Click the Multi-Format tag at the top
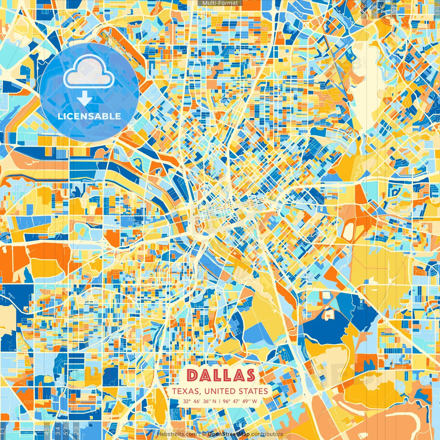[x=220, y=3]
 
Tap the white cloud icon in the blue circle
[x=89, y=71]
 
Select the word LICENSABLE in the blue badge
[x=89, y=116]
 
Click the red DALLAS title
[x=221, y=375]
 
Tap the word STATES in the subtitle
[x=253, y=391]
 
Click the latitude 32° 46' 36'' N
[x=200, y=401]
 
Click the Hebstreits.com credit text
[x=177, y=434]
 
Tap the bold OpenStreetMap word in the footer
[x=229, y=434]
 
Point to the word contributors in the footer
[x=267, y=434]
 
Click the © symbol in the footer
[x=203, y=434]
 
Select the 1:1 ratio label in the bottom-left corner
[x=3, y=431]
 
